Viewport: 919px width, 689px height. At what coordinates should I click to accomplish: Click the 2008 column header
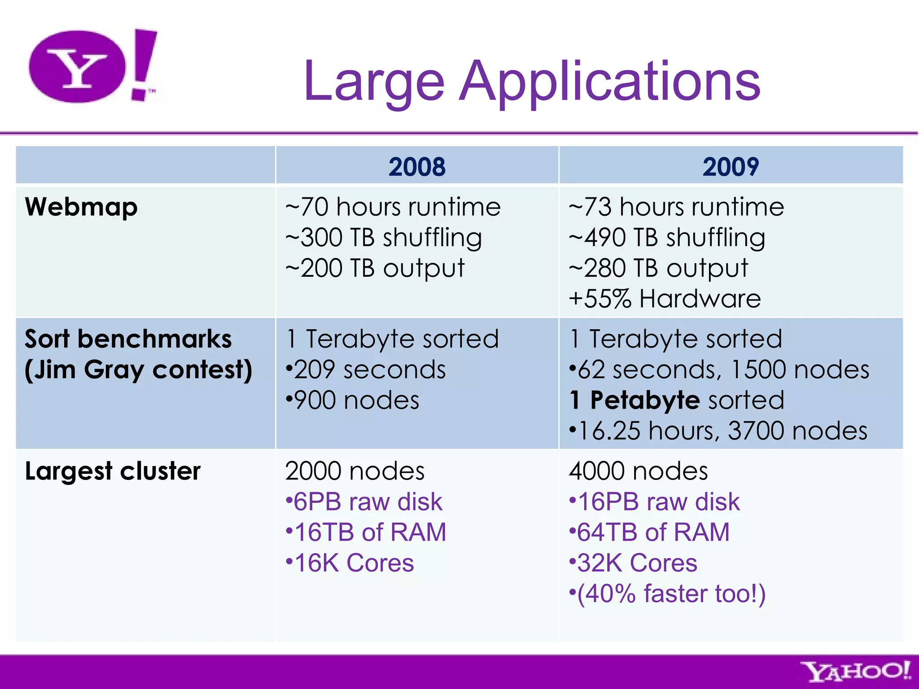click(x=417, y=167)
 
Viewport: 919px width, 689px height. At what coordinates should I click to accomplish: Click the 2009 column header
click(x=731, y=167)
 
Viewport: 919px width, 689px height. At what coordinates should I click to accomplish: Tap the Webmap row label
click(x=81, y=207)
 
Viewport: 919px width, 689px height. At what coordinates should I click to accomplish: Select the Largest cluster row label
click(x=113, y=471)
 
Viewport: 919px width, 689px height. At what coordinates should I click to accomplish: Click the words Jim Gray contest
click(x=139, y=370)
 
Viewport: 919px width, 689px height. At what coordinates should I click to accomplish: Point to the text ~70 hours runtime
click(x=393, y=207)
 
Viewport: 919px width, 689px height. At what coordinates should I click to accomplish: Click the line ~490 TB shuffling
click(x=667, y=238)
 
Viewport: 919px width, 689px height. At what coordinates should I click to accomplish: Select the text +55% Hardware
click(x=665, y=299)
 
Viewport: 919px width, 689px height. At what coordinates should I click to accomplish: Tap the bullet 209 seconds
click(x=366, y=370)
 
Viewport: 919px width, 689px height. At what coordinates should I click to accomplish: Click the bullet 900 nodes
click(x=353, y=401)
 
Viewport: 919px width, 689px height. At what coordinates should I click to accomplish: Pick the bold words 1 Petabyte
click(x=635, y=400)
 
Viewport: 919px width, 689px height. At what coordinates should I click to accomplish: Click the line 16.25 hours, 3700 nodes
click(x=718, y=431)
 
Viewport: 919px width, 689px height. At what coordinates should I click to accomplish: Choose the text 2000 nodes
click(x=354, y=471)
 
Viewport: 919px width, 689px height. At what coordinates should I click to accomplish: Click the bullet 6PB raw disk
click(x=364, y=501)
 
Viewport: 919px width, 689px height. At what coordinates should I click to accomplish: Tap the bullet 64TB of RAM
click(x=649, y=532)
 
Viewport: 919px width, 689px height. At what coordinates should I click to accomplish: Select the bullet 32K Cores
click(x=633, y=563)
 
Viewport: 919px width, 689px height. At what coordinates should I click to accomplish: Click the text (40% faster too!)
click(x=667, y=593)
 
